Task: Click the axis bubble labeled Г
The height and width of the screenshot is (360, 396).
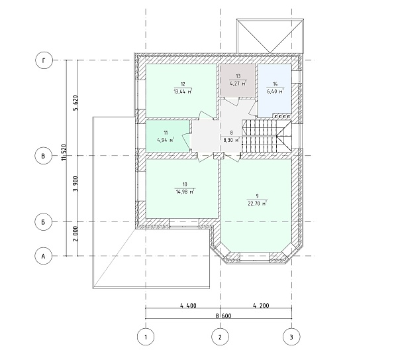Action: (44, 60)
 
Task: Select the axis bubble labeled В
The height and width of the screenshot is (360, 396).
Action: (43, 156)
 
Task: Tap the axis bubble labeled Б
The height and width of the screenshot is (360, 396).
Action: (43, 222)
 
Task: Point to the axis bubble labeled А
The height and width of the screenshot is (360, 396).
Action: (43, 256)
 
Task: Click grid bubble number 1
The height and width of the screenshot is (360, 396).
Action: (146, 337)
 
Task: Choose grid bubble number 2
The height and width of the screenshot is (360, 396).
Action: (220, 337)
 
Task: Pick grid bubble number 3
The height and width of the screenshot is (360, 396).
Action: (291, 337)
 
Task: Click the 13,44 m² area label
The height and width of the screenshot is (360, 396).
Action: (183, 91)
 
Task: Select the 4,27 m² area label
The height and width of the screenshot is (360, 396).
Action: (238, 83)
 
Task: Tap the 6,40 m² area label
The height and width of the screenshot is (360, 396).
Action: (275, 91)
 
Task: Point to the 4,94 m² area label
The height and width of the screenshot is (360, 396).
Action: (166, 140)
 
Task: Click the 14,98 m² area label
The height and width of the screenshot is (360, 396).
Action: (185, 192)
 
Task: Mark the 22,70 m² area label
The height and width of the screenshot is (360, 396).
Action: (258, 203)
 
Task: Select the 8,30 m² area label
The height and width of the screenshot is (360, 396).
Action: (231, 140)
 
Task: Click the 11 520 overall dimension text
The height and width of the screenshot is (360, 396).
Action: (64, 152)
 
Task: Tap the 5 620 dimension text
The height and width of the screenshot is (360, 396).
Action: (75, 103)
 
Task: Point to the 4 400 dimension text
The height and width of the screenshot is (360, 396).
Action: (188, 306)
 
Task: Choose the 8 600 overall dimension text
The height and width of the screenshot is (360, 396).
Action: (223, 316)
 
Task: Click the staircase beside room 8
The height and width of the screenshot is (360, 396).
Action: (267, 136)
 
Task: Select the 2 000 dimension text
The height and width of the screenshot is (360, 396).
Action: (75, 233)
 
